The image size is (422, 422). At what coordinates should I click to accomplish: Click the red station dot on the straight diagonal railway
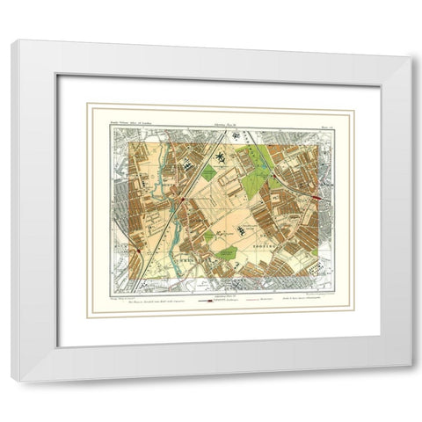pos(181,200)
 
